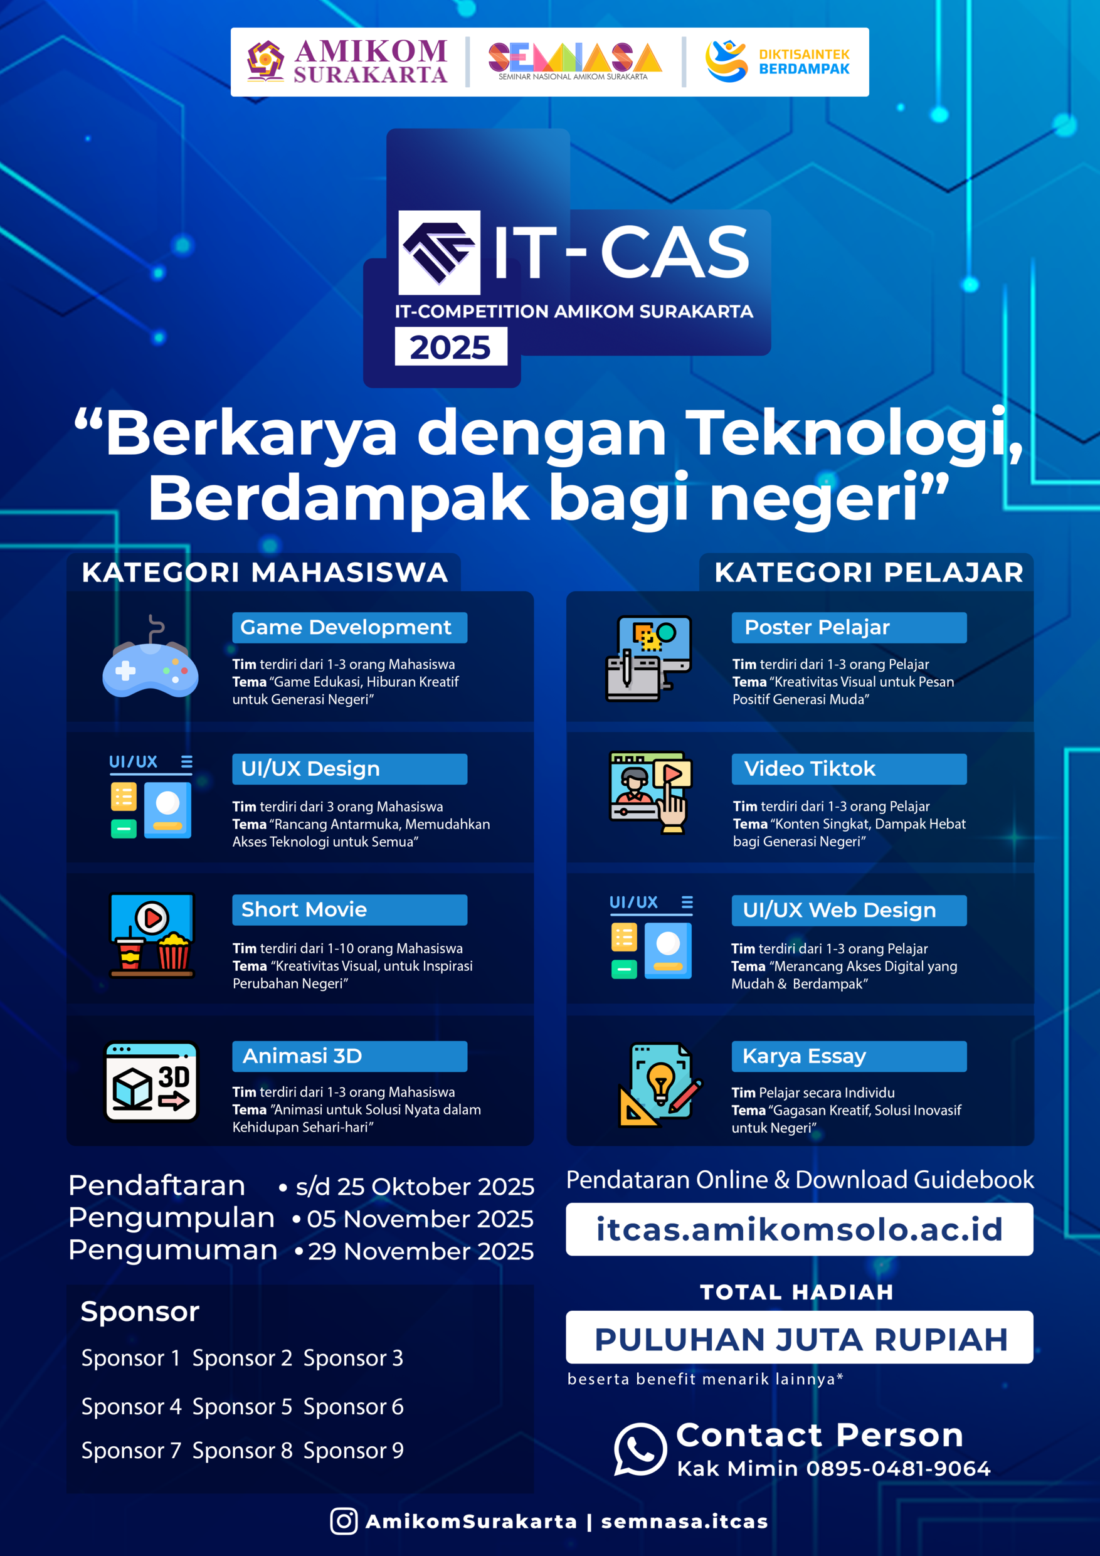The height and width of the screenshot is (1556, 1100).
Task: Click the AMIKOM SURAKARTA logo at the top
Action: [346, 61]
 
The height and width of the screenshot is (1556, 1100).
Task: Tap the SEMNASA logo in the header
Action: [574, 61]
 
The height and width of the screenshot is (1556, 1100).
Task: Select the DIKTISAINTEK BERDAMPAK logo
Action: [778, 61]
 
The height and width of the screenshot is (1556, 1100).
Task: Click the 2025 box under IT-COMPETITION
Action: [451, 346]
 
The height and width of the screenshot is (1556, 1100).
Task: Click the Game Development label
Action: [350, 628]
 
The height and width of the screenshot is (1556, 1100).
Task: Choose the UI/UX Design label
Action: [350, 769]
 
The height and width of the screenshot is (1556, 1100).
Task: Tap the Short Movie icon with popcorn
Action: [152, 935]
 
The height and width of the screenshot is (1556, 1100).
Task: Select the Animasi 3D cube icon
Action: [151, 1082]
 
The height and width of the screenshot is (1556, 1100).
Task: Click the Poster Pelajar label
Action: [849, 628]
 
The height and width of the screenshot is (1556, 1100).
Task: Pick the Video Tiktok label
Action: [849, 769]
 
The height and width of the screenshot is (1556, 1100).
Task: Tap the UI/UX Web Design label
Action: [849, 910]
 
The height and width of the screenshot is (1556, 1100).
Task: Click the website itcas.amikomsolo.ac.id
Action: [800, 1229]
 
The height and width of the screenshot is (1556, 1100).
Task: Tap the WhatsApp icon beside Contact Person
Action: [640, 1449]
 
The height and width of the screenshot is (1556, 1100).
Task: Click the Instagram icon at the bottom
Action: [344, 1522]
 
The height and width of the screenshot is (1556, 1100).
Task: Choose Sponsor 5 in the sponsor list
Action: [242, 1407]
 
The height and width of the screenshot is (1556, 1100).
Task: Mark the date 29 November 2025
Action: [421, 1252]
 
